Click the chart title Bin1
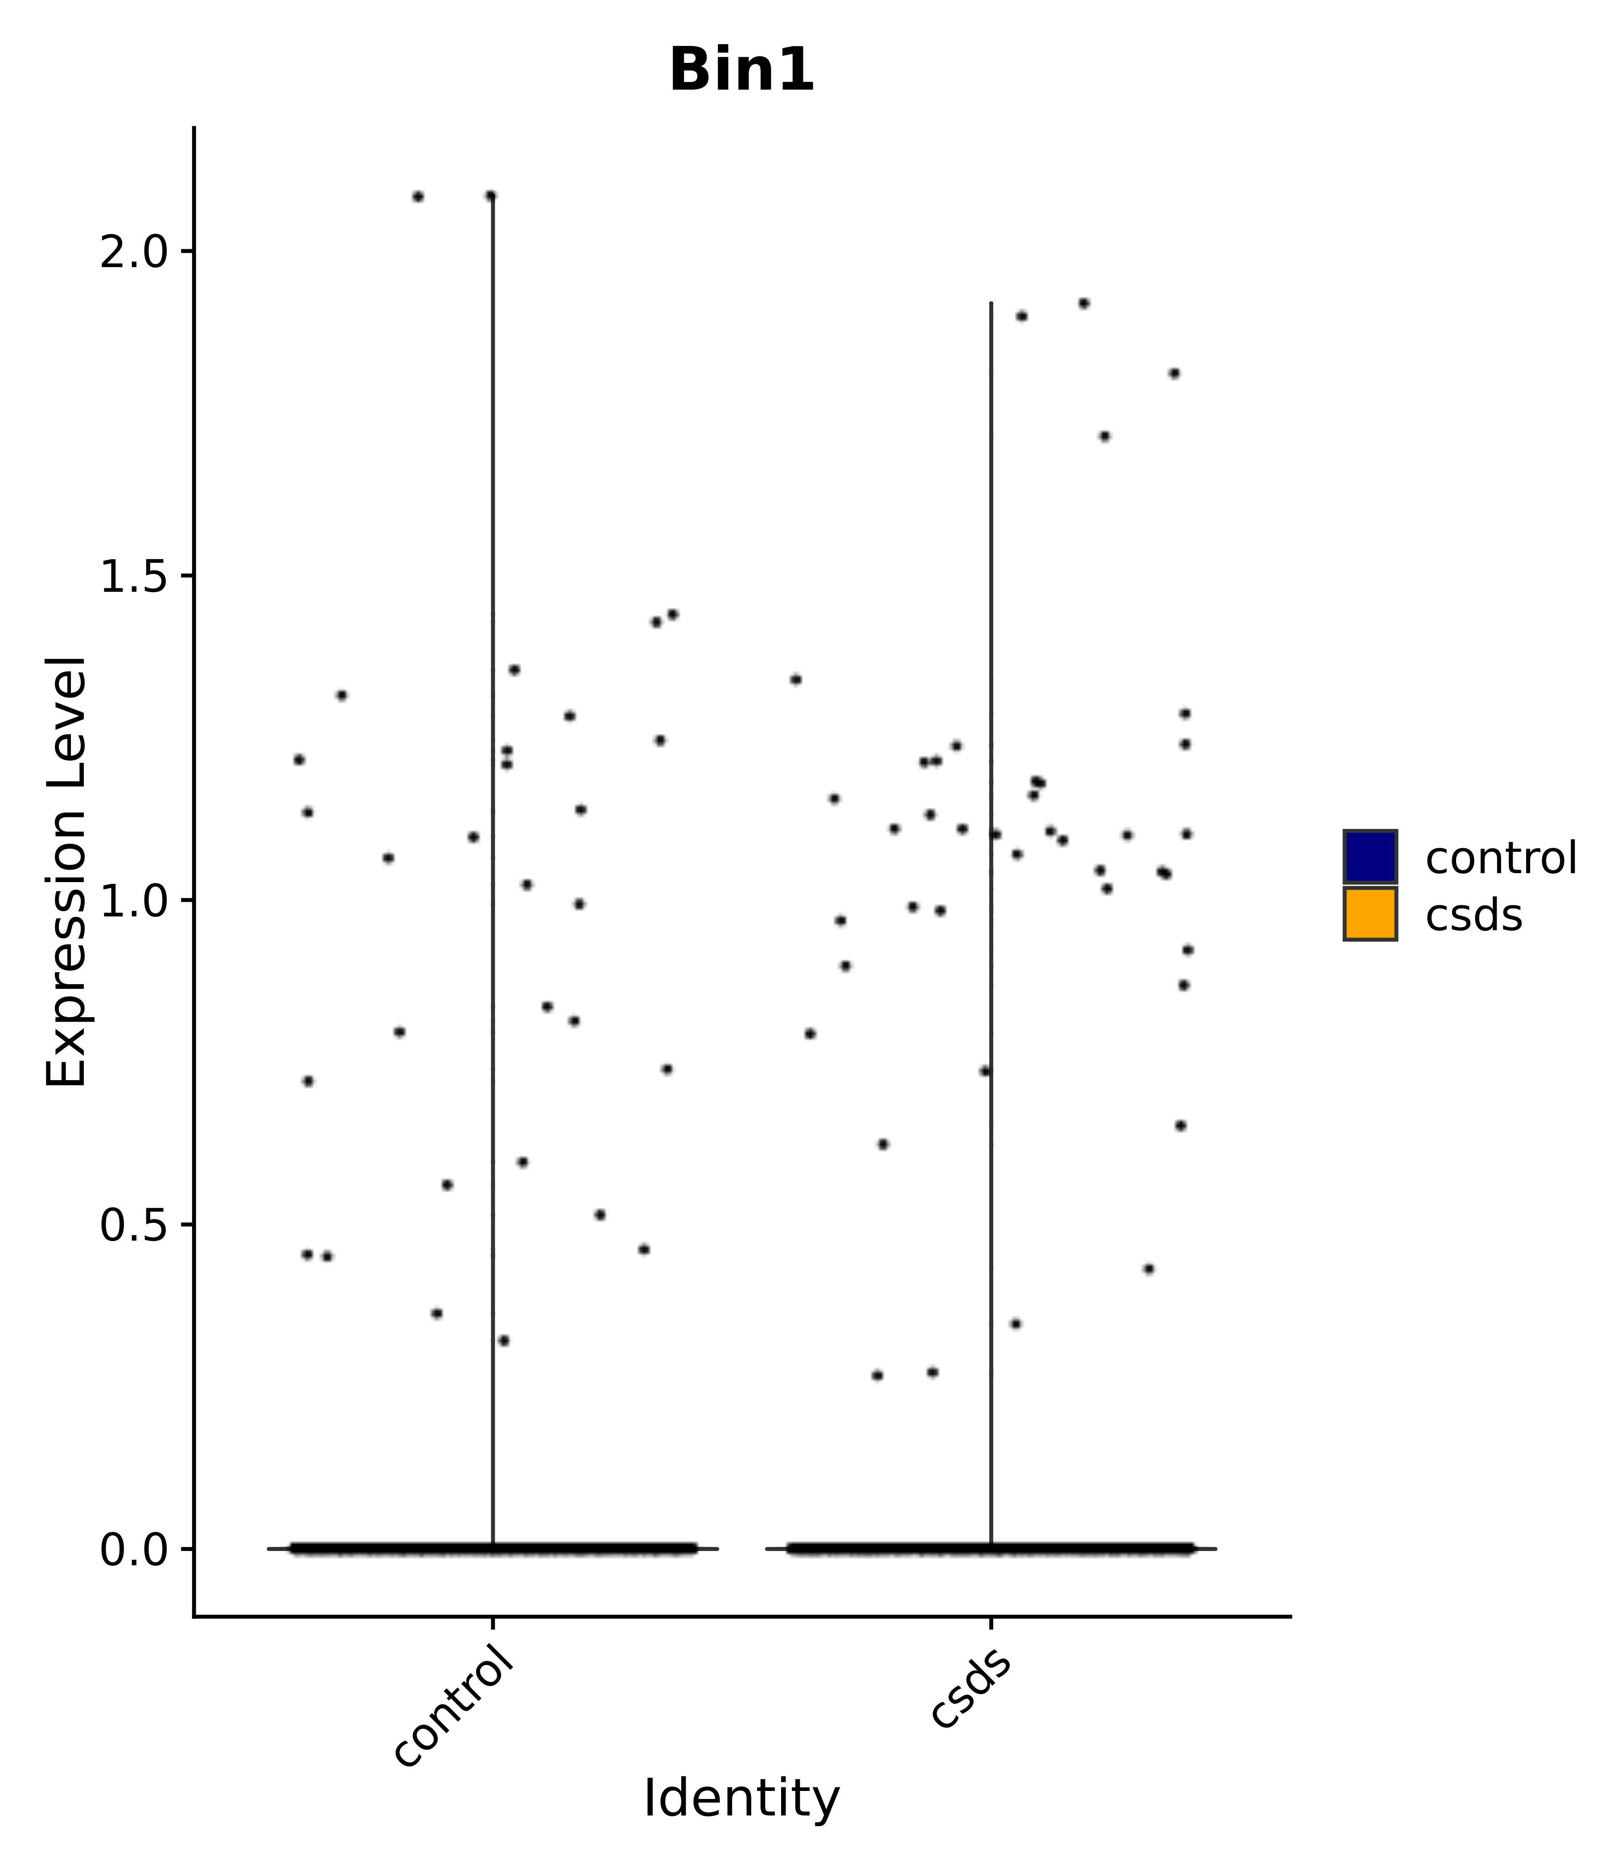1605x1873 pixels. [x=741, y=70]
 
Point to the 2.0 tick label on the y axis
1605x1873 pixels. [x=134, y=253]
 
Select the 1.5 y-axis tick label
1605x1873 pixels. [x=134, y=577]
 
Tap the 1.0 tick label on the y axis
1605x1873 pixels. [x=134, y=901]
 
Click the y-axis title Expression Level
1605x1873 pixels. [x=67, y=872]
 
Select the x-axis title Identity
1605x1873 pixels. [x=741, y=1799]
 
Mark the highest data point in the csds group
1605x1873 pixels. [x=1083, y=304]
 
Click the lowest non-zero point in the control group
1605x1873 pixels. [x=503, y=1341]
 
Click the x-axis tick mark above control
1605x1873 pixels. [x=493, y=1625]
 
